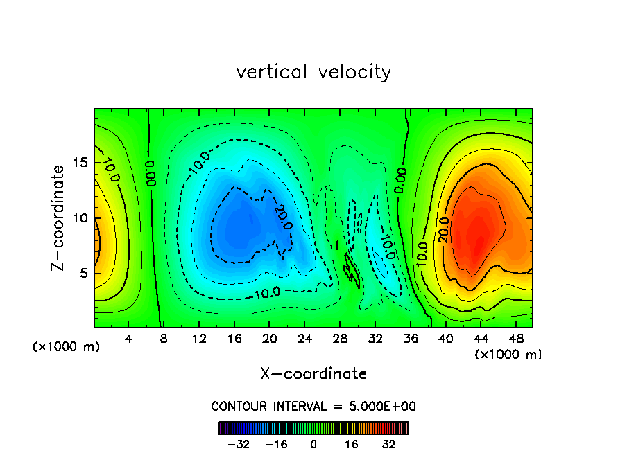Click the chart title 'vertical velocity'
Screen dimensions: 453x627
(x=313, y=72)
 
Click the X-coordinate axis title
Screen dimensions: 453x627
(x=313, y=373)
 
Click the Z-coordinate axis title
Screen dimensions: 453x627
(x=59, y=217)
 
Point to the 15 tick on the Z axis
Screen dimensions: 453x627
(x=80, y=163)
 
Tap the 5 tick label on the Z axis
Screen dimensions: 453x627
(x=85, y=273)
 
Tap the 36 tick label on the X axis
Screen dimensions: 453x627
(x=410, y=339)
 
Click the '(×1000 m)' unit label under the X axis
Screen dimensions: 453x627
(x=508, y=355)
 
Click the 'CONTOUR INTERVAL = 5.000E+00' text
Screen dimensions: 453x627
(x=313, y=406)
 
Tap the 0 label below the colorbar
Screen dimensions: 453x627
(x=313, y=444)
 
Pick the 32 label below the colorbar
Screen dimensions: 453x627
(x=388, y=444)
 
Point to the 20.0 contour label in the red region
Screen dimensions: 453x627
(x=445, y=230)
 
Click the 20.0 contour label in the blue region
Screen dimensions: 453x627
(x=283, y=217)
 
